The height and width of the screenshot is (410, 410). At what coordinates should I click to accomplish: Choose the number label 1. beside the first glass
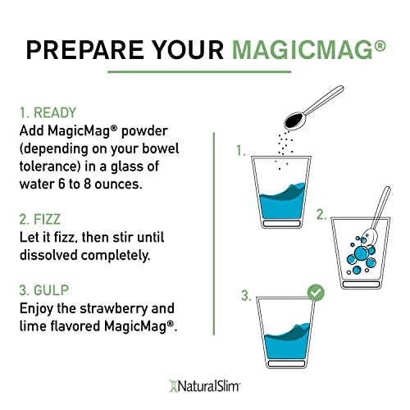(241, 151)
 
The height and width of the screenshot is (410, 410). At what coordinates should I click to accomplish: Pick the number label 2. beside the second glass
(321, 214)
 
